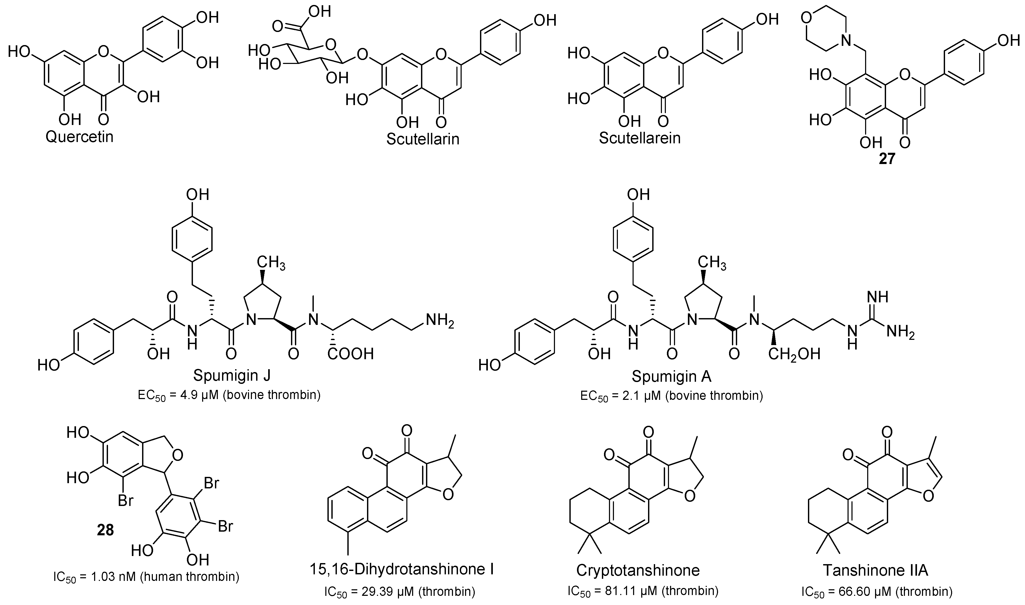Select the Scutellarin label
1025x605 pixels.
(423, 139)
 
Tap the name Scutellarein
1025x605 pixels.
(640, 138)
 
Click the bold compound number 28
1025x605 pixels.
(105, 530)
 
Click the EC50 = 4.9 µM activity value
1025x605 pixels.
(229, 395)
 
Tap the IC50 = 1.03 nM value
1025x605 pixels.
(146, 589)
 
